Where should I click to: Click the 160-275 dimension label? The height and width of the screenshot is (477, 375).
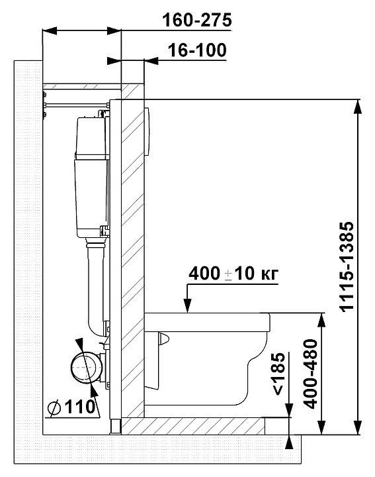(x=197, y=21)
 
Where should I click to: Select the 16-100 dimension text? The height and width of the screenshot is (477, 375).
(x=197, y=50)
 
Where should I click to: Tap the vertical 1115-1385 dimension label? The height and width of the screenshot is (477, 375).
(x=347, y=266)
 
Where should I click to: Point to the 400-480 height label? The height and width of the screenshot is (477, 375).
(x=311, y=374)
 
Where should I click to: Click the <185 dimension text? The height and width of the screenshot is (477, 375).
(x=279, y=374)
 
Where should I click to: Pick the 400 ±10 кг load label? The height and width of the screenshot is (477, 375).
(x=233, y=274)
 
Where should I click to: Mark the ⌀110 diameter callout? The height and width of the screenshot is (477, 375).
(x=72, y=407)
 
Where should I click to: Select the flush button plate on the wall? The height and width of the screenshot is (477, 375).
(x=147, y=132)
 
